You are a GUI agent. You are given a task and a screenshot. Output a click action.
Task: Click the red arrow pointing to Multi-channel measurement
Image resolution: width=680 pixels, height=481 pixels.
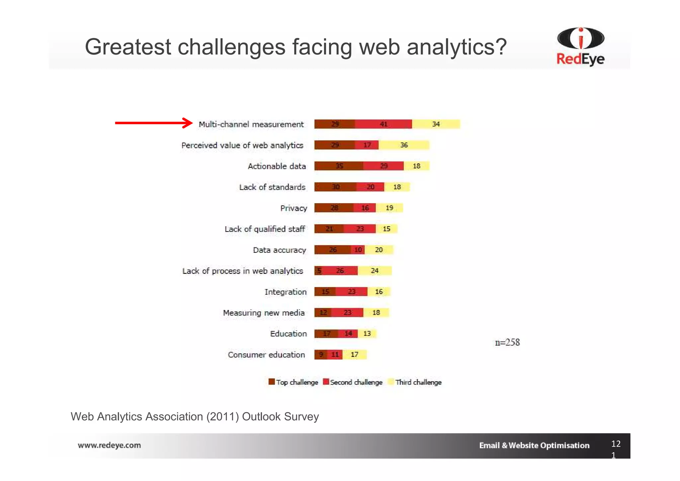153,123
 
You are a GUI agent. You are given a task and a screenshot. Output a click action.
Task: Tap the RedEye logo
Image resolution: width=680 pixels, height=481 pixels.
580,47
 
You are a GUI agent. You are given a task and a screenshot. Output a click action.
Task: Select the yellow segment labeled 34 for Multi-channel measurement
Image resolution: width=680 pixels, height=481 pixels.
436,124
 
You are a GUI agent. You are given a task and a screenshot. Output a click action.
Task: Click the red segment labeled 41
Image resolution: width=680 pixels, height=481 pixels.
383,124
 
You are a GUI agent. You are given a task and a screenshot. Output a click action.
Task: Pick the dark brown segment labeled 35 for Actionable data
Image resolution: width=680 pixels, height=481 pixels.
339,166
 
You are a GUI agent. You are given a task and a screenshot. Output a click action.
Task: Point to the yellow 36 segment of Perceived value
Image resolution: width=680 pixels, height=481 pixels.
404,145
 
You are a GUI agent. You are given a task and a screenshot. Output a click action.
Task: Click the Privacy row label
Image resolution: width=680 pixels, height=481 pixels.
294,208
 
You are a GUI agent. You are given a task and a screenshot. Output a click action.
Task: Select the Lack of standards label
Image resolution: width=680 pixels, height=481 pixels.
272,187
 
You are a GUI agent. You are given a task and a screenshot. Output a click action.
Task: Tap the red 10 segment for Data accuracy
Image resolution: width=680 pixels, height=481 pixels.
358,249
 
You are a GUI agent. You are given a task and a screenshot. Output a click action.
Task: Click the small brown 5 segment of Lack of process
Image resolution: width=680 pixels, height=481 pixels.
318,270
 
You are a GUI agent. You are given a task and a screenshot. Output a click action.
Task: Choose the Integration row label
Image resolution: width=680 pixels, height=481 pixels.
285,292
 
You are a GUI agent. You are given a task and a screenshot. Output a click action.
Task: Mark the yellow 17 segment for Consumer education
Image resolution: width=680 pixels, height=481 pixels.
355,354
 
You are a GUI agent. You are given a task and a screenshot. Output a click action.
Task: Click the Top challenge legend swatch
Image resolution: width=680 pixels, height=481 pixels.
272,382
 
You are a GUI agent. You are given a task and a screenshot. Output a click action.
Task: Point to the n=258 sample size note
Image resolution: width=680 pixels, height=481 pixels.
507,342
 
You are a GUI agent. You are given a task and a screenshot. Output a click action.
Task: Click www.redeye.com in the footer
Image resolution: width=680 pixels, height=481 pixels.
109,445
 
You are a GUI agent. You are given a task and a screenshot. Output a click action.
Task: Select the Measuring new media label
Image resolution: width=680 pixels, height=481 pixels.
264,313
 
